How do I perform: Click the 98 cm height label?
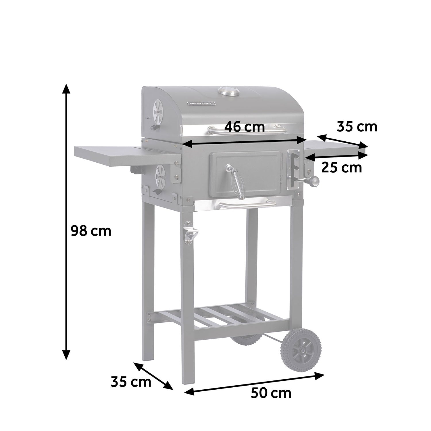pos(91,231)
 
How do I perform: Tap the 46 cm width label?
pos(244,127)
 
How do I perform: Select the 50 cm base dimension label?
pos(271,393)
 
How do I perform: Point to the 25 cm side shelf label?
pos(341,168)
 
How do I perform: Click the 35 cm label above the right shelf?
pos(357,126)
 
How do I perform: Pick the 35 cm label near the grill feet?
pos(131,382)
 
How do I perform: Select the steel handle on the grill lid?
pos(247,131)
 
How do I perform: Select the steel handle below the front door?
pos(247,205)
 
